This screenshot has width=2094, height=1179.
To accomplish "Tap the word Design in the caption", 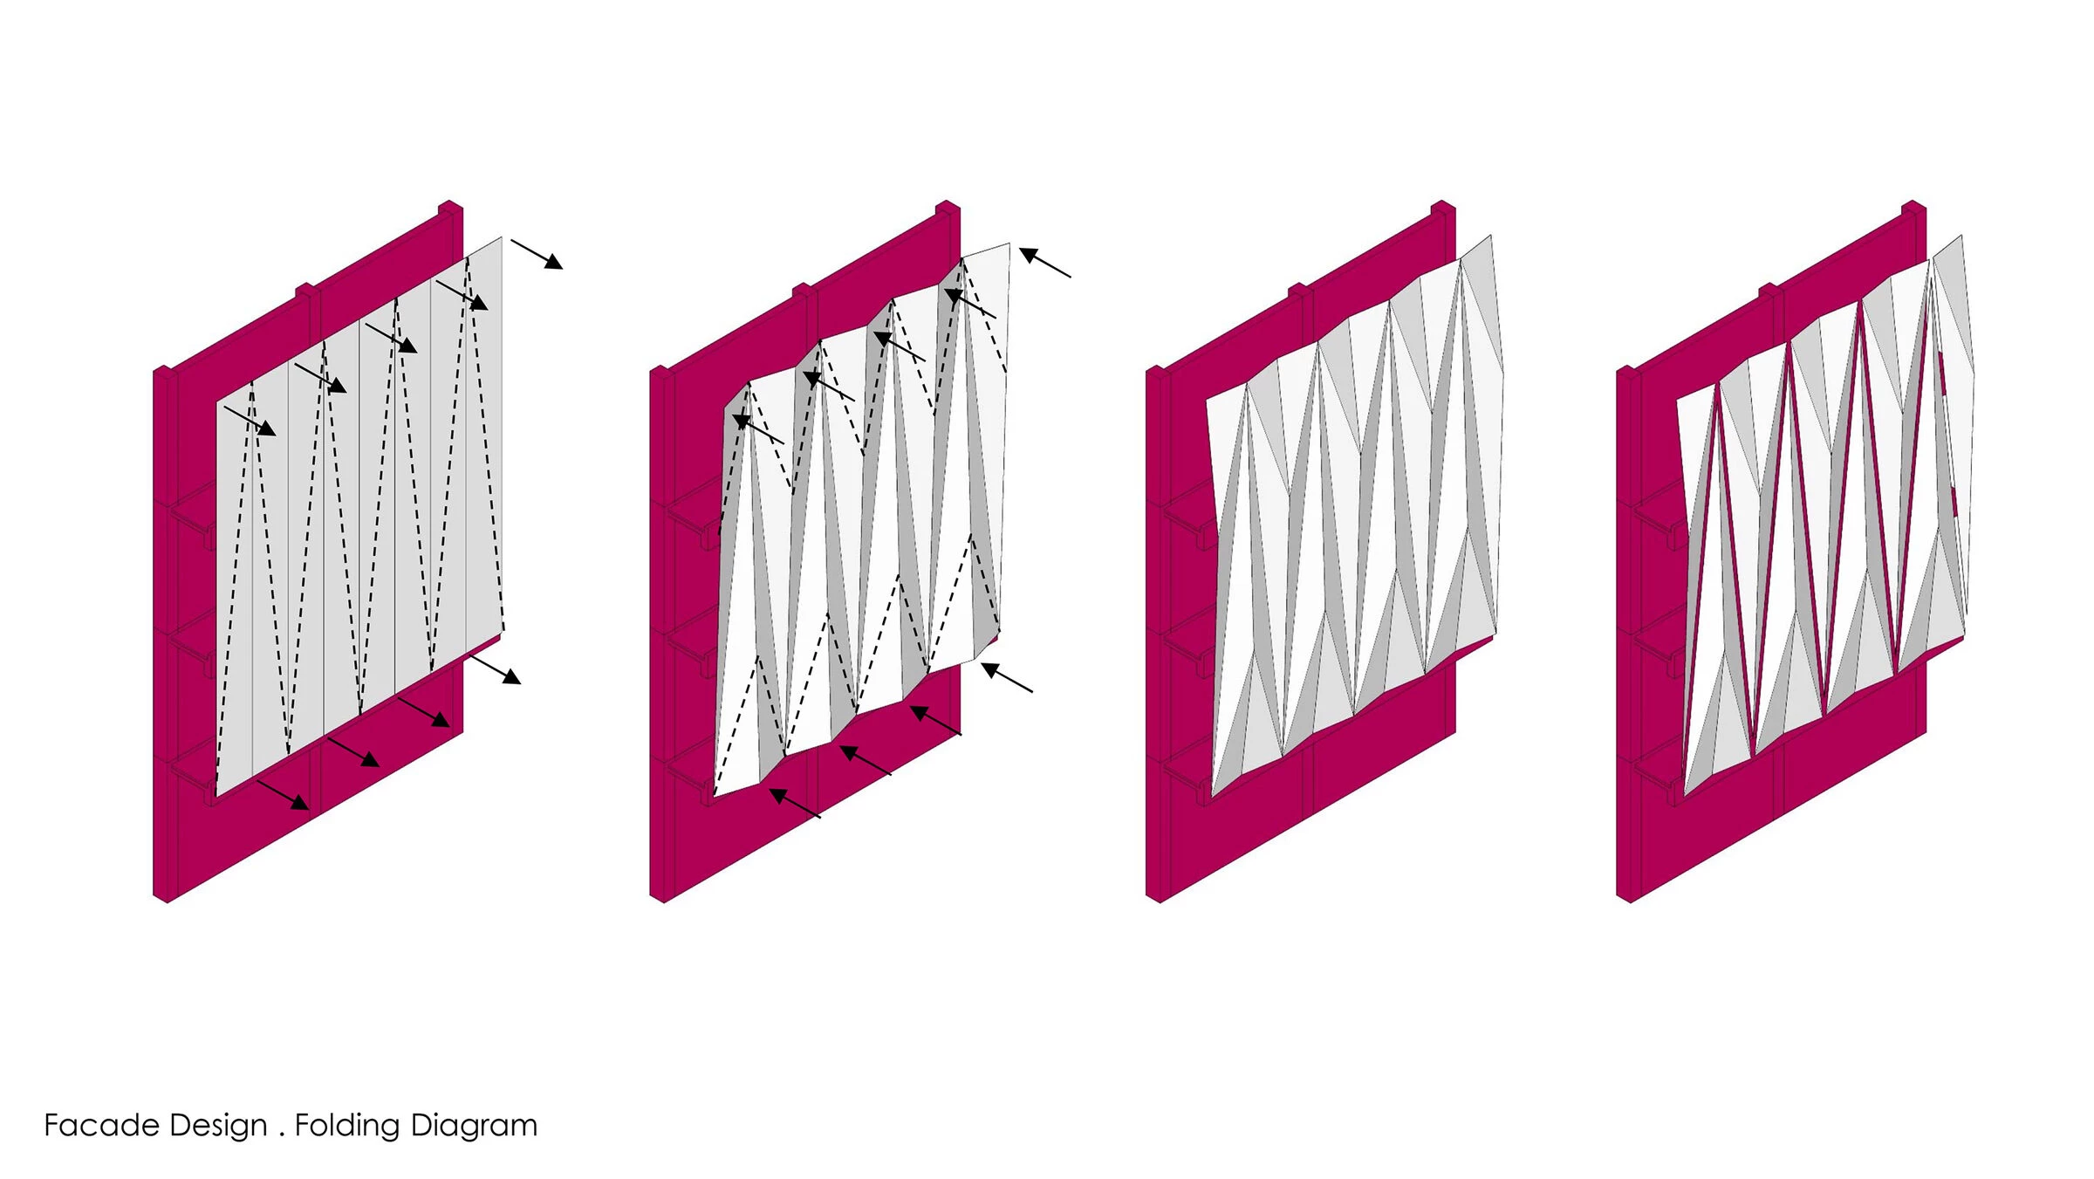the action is coord(218,1127).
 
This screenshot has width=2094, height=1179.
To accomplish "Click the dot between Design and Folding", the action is coord(282,1135).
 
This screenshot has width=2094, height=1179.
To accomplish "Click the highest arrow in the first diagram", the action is coord(537,254).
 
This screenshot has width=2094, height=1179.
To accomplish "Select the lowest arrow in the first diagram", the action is coord(283,794).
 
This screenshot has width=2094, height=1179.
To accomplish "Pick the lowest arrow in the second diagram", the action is coord(795,803).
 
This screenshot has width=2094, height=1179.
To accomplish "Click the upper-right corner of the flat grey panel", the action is coord(502,236).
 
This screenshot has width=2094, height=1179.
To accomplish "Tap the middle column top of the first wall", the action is coord(305,290).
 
